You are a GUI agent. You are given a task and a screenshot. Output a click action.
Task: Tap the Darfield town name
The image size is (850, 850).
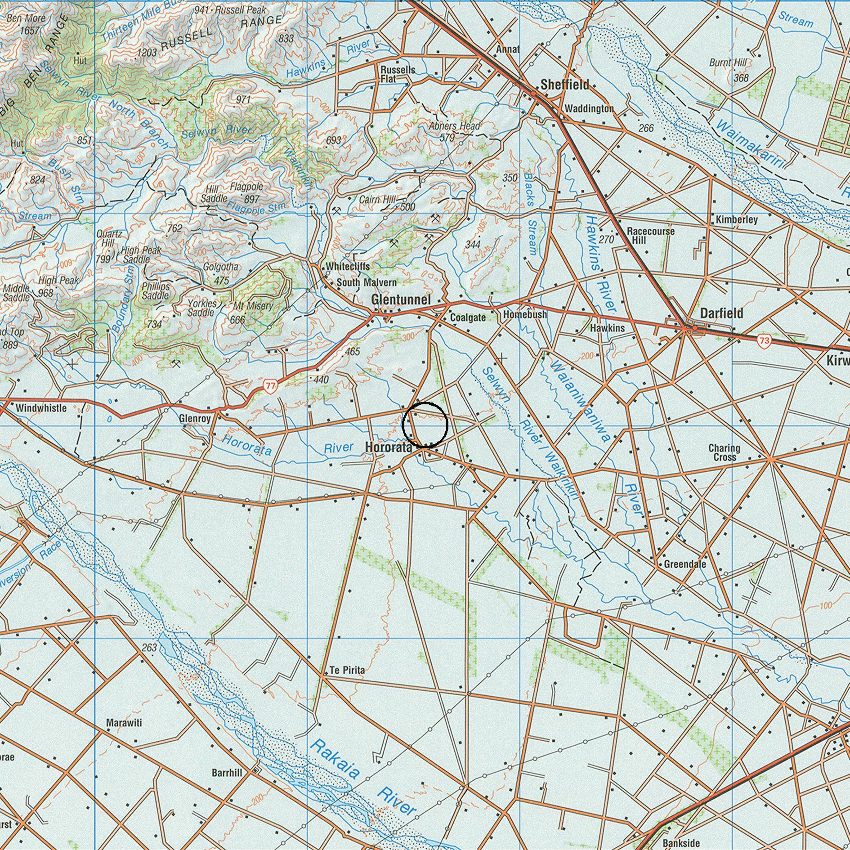pyautogui.click(x=721, y=313)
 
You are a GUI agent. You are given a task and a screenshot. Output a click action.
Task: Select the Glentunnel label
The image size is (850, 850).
pyautogui.click(x=401, y=300)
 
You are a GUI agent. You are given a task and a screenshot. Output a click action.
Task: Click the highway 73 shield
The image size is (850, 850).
pyautogui.click(x=764, y=340)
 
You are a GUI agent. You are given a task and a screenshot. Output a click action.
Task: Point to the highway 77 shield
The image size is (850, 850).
pyautogui.click(x=270, y=385)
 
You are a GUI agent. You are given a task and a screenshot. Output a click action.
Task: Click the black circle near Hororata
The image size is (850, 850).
pyautogui.click(x=425, y=425)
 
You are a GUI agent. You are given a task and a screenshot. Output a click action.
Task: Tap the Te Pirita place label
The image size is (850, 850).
pyautogui.click(x=347, y=670)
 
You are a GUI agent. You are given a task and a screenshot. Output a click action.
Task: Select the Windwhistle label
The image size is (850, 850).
pyautogui.click(x=41, y=408)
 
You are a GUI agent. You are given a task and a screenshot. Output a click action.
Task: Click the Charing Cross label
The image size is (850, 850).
pyautogui.click(x=724, y=452)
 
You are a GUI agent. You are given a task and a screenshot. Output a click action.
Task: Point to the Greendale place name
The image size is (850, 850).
pyautogui.click(x=684, y=564)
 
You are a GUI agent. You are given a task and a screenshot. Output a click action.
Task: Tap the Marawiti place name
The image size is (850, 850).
pyautogui.click(x=124, y=723)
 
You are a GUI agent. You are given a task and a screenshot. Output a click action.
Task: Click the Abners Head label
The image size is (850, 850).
pyautogui.click(x=454, y=126)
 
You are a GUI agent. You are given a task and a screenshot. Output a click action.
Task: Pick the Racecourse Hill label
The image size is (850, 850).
pyautogui.click(x=650, y=235)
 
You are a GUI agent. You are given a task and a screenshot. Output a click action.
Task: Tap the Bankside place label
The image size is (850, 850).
pyautogui.click(x=681, y=842)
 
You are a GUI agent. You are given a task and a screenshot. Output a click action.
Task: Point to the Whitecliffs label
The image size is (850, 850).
pyautogui.click(x=348, y=266)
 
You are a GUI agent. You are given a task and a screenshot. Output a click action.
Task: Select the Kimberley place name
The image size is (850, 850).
pyautogui.click(x=737, y=219)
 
